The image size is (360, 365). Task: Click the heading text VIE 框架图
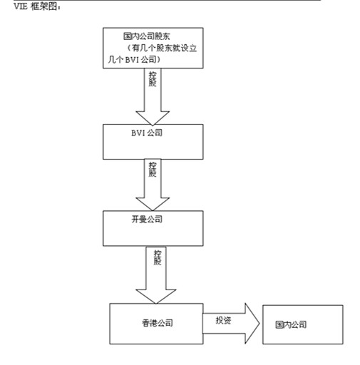[38, 6]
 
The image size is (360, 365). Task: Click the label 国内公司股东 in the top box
[147, 36]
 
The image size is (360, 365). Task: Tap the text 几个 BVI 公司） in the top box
[134, 59]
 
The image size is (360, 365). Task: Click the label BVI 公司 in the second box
[147, 133]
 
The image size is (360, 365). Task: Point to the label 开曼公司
[147, 219]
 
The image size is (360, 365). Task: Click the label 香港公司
[158, 323]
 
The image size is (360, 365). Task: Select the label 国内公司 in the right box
[291, 324]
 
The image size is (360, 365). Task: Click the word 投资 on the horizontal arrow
[223, 320]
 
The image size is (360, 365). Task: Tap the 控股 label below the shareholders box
[153, 79]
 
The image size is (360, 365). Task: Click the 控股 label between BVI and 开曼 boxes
[153, 170]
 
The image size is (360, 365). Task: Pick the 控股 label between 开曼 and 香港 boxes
[158, 257]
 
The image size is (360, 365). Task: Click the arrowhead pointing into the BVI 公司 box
[153, 118]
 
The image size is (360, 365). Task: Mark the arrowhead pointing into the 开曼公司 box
[153, 204]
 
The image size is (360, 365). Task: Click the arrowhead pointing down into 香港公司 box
[156, 297]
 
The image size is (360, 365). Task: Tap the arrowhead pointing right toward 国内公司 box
[252, 324]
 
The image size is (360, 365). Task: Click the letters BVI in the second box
[138, 133]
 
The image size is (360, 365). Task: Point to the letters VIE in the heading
[21, 6]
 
